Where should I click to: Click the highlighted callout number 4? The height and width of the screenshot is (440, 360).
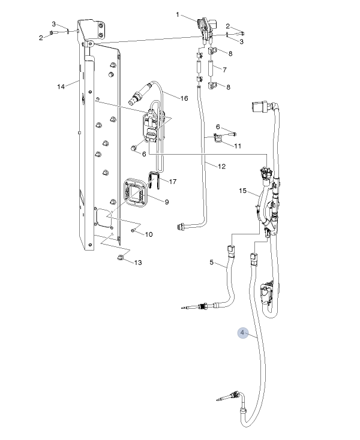coord(242,333)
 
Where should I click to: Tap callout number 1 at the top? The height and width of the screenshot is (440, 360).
coord(178,14)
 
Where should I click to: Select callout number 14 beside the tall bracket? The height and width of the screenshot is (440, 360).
coord(61,87)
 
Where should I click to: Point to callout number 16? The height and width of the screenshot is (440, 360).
coord(184,98)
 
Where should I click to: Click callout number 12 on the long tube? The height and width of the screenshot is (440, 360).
coord(221,167)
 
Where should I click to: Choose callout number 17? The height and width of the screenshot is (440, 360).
coord(173,182)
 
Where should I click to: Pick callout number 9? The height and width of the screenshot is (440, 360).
coord(167,202)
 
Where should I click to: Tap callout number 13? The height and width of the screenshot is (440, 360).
coord(138,263)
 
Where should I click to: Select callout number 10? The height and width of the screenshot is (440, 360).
coord(149,234)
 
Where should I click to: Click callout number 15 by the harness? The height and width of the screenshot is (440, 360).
coord(242,191)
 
